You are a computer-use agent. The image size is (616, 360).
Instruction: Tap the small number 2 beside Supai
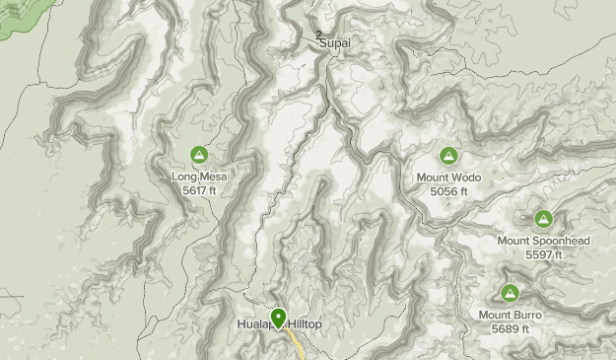[319, 36]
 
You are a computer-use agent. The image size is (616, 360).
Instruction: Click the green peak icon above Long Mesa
[199, 155]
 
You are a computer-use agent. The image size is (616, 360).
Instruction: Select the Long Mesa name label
[199, 178]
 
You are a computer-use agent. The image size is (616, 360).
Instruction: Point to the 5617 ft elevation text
[199, 190]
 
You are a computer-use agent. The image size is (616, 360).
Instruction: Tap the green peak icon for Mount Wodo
[449, 155]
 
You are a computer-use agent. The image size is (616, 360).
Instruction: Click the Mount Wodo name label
[449, 178]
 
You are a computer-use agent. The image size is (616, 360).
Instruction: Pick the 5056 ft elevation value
[449, 190]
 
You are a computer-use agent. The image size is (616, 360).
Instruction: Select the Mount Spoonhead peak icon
[543, 218]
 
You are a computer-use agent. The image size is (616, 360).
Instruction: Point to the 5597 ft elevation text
[543, 254]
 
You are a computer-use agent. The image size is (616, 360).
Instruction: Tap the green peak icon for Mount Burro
[510, 293]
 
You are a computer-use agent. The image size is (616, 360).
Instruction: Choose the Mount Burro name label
[510, 316]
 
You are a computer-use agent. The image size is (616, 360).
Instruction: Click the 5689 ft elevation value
[510, 328]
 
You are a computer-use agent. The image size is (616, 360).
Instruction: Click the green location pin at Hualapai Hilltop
[279, 318]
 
